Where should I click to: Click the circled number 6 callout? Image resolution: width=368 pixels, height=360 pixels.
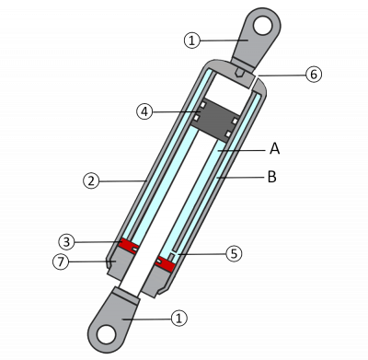click(x=314, y=75)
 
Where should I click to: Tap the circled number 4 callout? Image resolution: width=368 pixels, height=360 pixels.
click(x=144, y=111)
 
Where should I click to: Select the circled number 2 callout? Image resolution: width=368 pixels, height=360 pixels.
click(x=91, y=180)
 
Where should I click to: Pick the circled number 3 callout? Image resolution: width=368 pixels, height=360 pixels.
click(x=66, y=242)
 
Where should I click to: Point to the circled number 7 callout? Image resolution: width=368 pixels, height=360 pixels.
click(x=61, y=261)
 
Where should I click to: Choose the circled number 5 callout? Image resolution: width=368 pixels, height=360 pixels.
click(x=234, y=254)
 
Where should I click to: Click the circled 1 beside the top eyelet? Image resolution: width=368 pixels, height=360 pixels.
click(x=192, y=41)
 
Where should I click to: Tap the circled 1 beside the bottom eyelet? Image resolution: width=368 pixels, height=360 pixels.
click(x=179, y=318)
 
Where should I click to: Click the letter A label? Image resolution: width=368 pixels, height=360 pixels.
click(x=275, y=149)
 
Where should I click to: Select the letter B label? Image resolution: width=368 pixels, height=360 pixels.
click(x=272, y=177)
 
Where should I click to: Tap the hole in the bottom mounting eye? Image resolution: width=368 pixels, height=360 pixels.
click(x=106, y=334)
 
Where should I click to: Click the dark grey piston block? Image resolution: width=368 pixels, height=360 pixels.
click(x=215, y=120)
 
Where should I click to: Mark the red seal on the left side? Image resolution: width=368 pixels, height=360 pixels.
click(x=129, y=246)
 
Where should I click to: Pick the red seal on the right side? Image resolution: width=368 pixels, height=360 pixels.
click(x=165, y=263)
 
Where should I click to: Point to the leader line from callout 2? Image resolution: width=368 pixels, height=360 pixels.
click(x=123, y=181)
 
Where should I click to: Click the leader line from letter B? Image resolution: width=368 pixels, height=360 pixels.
click(x=240, y=178)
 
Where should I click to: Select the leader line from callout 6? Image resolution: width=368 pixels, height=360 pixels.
click(x=282, y=75)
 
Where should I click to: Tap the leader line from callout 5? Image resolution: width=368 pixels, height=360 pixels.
click(x=201, y=254)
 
